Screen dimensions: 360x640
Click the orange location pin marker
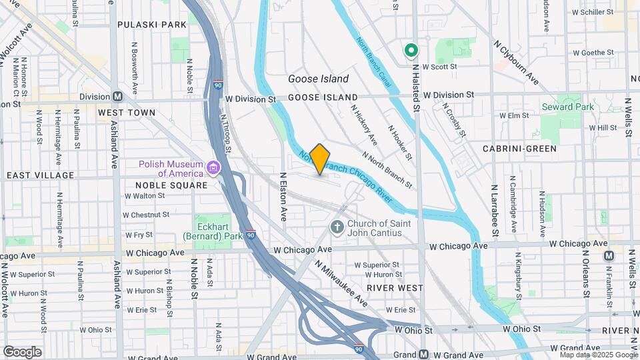[320, 159]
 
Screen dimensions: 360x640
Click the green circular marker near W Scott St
[411, 50]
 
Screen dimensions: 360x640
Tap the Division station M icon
[117, 96]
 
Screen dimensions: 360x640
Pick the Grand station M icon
[423, 355]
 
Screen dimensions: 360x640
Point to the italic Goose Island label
[318, 79]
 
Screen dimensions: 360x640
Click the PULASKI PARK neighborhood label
[151, 25]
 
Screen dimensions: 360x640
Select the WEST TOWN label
[127, 113]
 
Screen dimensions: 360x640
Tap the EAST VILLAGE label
[40, 175]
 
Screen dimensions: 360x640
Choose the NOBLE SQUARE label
[162, 185]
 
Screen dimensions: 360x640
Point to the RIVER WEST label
[394, 288]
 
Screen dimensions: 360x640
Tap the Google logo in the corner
[22, 352]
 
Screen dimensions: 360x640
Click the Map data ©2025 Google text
[597, 355]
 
